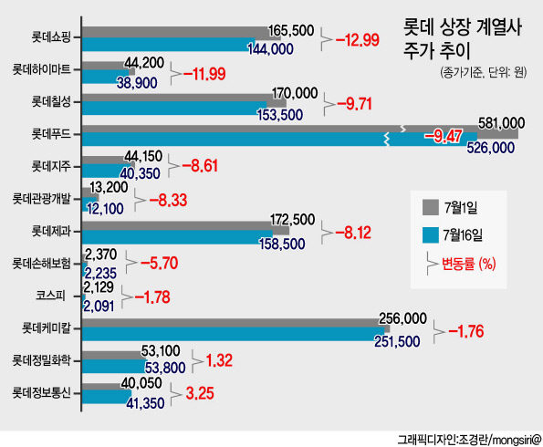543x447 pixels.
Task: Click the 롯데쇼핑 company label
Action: (51, 36)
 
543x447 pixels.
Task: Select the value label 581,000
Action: (501, 123)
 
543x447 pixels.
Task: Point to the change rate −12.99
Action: (358, 40)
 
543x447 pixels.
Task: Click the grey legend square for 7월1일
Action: (430, 207)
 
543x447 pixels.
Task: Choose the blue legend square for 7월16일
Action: (430, 234)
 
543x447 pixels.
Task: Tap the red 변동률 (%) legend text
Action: (468, 265)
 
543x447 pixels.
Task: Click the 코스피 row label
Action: (50, 296)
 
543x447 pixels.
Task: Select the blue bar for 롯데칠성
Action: (174, 108)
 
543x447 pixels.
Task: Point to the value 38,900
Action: (137, 83)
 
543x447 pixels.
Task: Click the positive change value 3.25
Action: (200, 393)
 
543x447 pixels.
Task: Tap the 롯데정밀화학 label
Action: (42, 360)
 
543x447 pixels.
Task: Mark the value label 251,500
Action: (397, 341)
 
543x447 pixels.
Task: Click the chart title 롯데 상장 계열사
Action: (463, 27)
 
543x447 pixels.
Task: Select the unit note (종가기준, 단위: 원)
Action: (484, 72)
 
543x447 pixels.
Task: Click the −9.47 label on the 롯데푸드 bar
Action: (444, 137)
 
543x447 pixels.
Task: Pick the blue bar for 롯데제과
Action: (177, 237)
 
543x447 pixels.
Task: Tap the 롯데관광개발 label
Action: (42, 199)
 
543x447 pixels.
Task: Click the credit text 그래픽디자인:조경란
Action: (443, 440)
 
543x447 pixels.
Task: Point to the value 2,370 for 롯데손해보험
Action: (100, 255)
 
